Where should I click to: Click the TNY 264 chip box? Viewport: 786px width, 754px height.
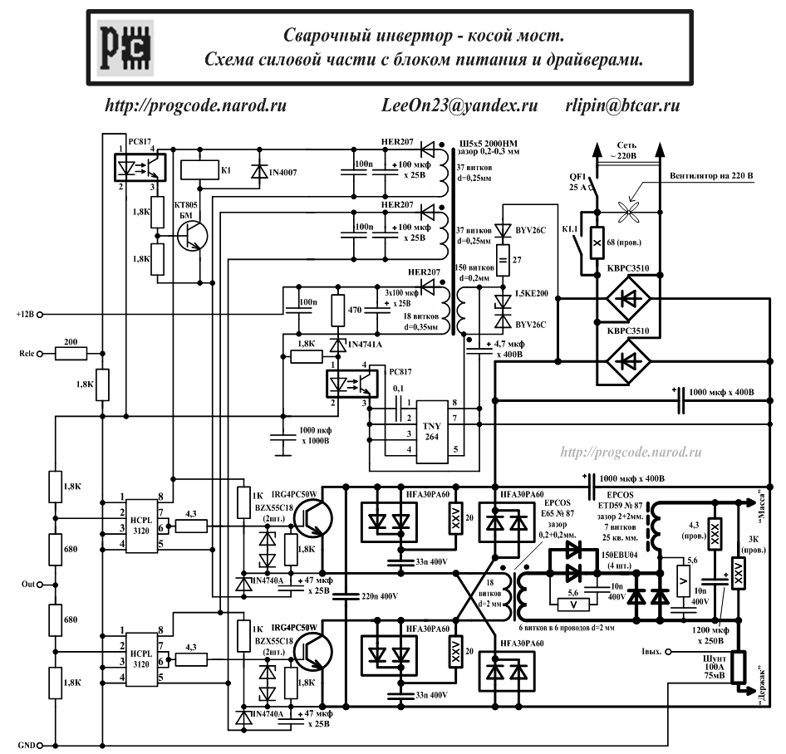tap(433, 428)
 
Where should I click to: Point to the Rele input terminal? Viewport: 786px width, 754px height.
tap(49, 354)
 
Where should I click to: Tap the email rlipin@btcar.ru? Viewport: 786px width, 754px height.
tap(622, 106)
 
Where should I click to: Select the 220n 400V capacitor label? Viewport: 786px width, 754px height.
tap(381, 595)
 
